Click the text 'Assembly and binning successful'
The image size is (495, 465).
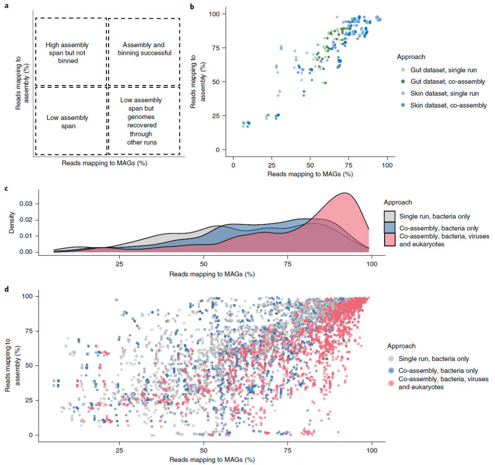144,49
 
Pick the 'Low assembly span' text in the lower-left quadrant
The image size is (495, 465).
67,122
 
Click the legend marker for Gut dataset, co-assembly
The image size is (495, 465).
403,81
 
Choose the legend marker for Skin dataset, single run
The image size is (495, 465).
403,93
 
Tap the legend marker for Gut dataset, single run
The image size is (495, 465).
403,70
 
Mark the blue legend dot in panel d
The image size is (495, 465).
390,371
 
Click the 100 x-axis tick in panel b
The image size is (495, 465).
388,165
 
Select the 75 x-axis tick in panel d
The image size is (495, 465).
287,450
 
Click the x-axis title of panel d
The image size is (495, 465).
212,459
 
